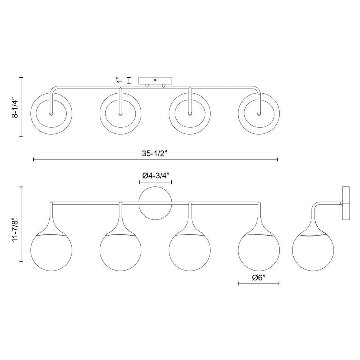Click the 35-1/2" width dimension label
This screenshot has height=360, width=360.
(x=155, y=153)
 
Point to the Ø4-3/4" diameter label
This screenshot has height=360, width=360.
(x=155, y=175)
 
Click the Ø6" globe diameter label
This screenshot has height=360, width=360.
(x=259, y=277)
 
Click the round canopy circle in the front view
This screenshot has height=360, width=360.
(x=155, y=203)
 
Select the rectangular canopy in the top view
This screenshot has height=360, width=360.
(x=155, y=81)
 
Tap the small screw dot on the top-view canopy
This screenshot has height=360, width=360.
(x=155, y=80)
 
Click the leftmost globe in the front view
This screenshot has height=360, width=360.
(x=51, y=252)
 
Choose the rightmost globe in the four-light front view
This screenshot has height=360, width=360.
(x=259, y=252)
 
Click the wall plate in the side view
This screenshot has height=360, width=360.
(x=346, y=203)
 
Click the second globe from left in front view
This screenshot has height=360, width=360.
(x=121, y=252)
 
